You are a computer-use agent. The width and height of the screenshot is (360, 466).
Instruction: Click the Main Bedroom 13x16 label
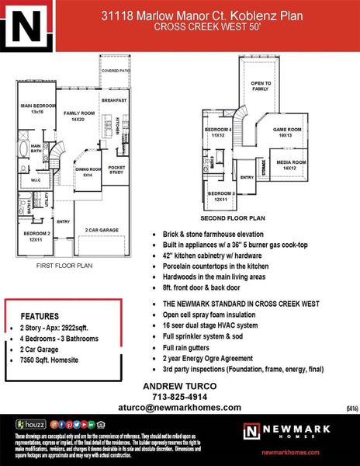[x=36, y=109]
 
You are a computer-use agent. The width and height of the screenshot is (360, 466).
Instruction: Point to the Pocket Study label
[x=116, y=170]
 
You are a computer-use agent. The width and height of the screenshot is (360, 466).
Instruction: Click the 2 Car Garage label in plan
[x=102, y=230]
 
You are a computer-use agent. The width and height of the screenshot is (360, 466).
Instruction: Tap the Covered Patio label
[x=114, y=71]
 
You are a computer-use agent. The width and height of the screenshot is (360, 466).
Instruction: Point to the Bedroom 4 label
[x=218, y=131]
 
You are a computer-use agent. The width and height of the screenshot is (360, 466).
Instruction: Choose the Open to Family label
[x=261, y=85]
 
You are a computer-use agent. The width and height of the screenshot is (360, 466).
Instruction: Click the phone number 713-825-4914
[x=180, y=396]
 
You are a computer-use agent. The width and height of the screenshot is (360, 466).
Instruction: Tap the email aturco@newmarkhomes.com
[x=180, y=408]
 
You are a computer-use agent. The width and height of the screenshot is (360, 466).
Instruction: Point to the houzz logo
[x=31, y=425]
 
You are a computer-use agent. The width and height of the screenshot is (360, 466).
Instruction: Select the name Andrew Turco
[x=180, y=386]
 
